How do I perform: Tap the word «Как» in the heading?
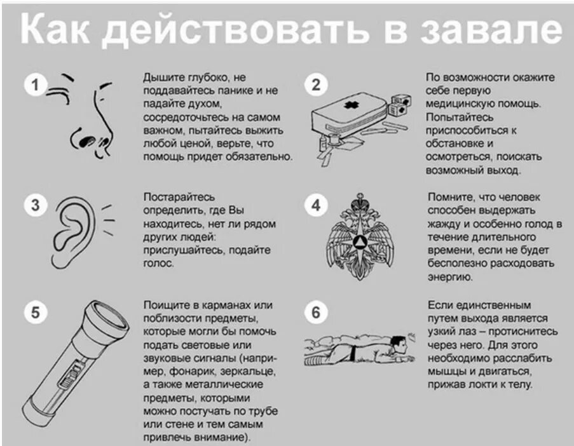(x=60, y=31)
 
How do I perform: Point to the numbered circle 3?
(x=36, y=205)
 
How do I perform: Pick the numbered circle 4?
(x=316, y=205)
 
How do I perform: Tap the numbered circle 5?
(x=36, y=313)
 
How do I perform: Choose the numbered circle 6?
(x=316, y=313)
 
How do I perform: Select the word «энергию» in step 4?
(x=449, y=277)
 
